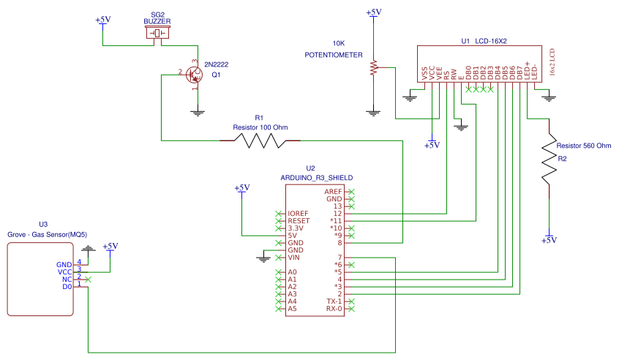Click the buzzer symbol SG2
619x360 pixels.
pos(157,33)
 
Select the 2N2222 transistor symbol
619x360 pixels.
pos(194,75)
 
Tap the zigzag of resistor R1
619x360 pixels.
pos(260,140)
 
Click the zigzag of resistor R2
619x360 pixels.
pos(549,158)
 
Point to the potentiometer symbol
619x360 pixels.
pos(373,67)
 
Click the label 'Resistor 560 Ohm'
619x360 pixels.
pos(583,146)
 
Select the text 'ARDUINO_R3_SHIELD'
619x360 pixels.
pos(317,178)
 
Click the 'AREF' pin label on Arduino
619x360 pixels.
pos(333,192)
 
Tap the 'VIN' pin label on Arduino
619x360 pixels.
pos(293,258)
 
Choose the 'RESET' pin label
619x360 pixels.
pos(299,221)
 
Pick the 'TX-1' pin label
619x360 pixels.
pos(334,301)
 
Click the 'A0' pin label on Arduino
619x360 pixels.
pos(292,272)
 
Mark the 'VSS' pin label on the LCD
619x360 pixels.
pos(424,73)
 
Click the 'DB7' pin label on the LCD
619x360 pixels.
pos(519,73)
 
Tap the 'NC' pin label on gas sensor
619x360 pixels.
pos(67,280)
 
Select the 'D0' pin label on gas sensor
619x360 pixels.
pos(67,287)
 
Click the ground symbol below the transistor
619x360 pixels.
pos(198,113)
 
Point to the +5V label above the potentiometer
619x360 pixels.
pos(373,12)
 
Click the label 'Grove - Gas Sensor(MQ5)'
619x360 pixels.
pos(48,234)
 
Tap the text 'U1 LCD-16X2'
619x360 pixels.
pos(484,41)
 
